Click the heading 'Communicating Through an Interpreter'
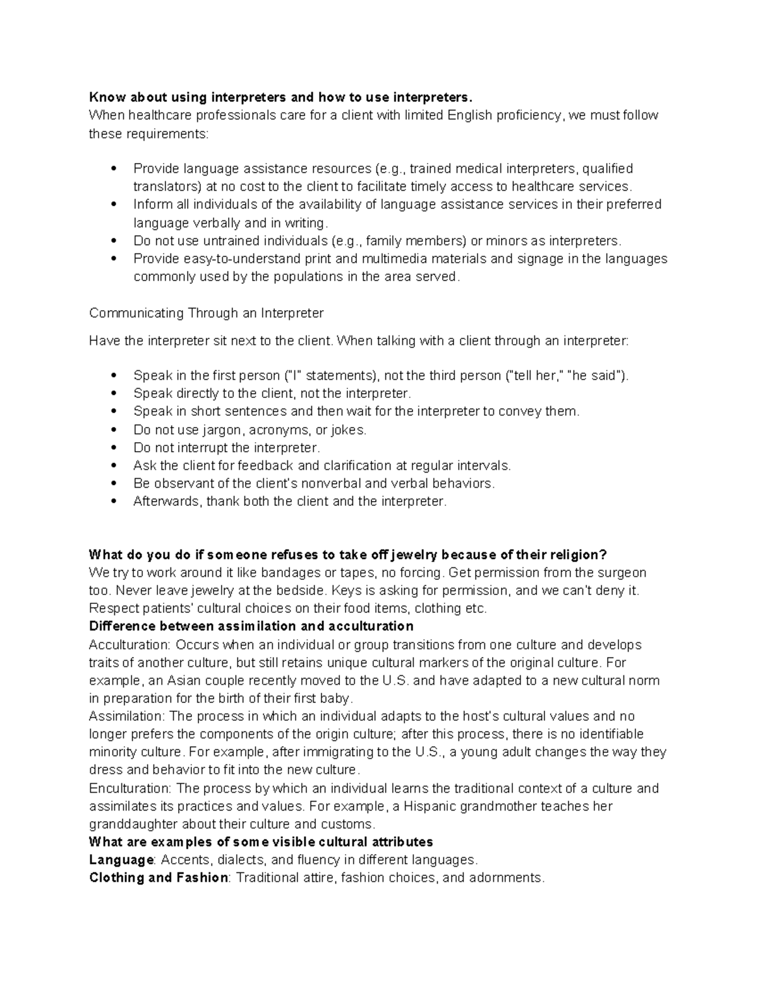[x=206, y=313]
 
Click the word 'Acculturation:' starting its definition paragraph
[x=129, y=645]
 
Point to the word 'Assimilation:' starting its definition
[x=127, y=716]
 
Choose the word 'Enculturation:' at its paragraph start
[x=130, y=788]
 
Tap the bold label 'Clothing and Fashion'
[x=159, y=877]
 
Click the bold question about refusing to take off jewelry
[x=347, y=555]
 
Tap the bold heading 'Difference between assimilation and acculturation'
[x=251, y=626]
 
